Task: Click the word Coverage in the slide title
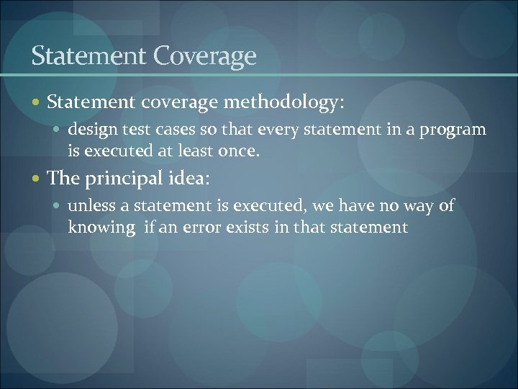(x=211, y=55)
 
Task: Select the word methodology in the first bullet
(x=283, y=103)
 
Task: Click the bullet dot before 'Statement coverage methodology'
(x=37, y=104)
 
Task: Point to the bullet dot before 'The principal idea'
(x=37, y=176)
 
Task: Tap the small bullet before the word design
(x=59, y=130)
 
